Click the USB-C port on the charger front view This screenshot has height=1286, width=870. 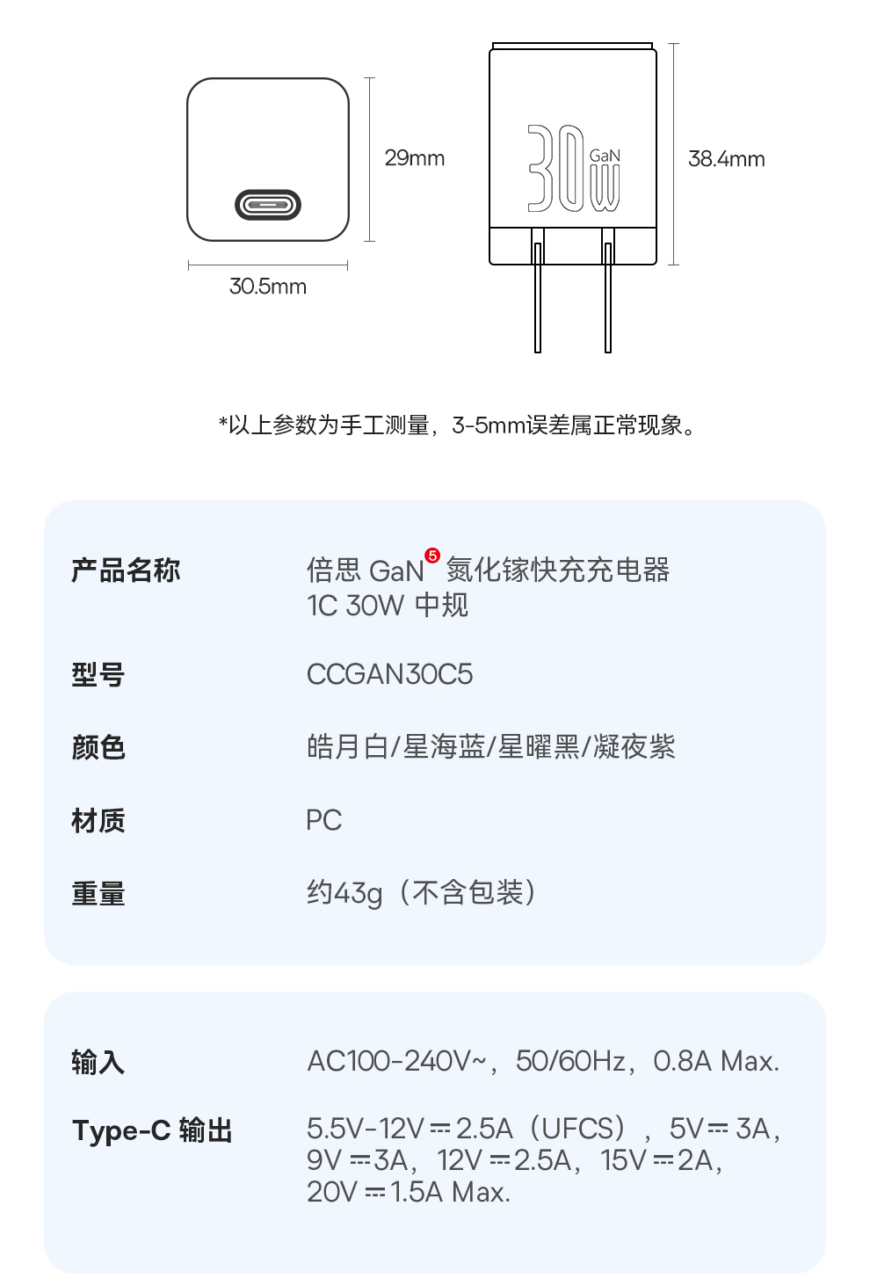pos(268,206)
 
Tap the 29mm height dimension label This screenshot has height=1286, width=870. pos(415,158)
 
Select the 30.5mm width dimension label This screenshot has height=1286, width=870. pos(268,287)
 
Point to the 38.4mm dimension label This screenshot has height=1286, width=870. pos(726,159)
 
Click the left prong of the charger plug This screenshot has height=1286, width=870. pos(538,299)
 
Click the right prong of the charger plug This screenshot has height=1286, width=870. pos(607,299)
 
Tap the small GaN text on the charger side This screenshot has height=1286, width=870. pos(605,156)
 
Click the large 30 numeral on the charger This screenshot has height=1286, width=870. pos(555,168)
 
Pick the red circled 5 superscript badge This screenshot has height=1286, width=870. pos(431,556)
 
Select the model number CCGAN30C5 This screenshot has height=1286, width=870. pos(389,674)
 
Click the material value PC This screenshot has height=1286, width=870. pos(323,820)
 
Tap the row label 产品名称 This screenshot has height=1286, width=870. pos(126,570)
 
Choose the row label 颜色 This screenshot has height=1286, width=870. pos(98,748)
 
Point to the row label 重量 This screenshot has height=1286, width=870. pos(98,894)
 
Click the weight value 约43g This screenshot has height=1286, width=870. pos(344,893)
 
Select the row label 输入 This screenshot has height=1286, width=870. pos(98,1063)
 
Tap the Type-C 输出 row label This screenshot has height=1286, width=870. pos(152,1130)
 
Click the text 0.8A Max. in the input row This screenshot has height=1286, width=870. pos(716,1062)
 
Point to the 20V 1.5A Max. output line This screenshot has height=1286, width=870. pos(409,1192)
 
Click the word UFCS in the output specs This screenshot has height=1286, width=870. pos(577,1128)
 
